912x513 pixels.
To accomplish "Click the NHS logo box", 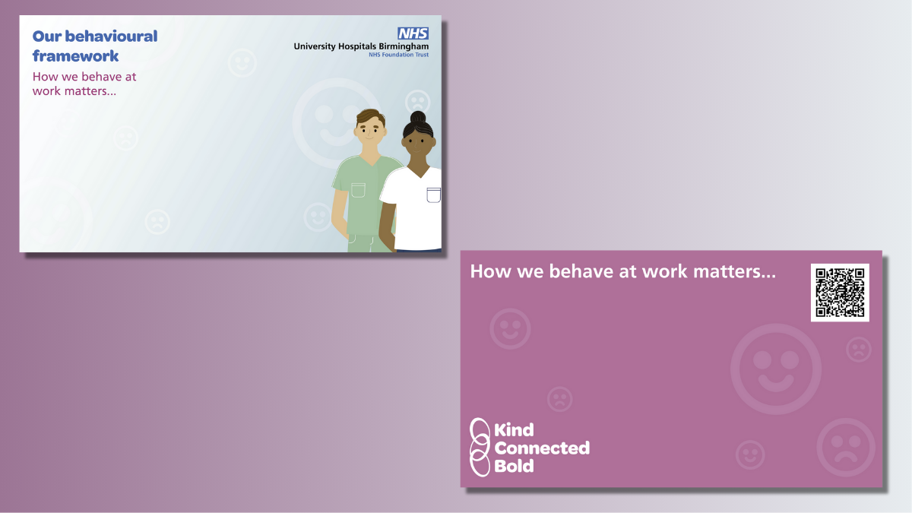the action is tap(413, 33).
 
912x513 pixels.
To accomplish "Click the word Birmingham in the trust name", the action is tap(404, 46).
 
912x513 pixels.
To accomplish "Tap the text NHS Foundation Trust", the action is tap(398, 55).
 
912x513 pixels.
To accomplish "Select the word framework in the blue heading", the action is tap(75, 55).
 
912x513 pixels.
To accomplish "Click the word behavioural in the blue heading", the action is tap(111, 36).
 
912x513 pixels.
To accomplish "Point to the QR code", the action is tap(840, 293).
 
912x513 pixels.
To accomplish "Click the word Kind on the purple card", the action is tap(514, 430).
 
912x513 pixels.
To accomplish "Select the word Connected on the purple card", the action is tap(542, 448).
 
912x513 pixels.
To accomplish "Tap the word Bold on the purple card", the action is tap(514, 466).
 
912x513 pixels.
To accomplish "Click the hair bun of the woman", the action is tap(418, 117).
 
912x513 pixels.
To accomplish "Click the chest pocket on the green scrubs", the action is tap(358, 191).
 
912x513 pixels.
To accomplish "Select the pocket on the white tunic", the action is tap(434, 195).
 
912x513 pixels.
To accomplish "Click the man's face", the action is tap(369, 131).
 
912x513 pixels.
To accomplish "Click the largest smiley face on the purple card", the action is tap(776, 369).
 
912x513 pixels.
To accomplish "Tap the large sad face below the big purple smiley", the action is tap(846, 447).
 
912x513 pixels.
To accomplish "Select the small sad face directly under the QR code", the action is tap(859, 350).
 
